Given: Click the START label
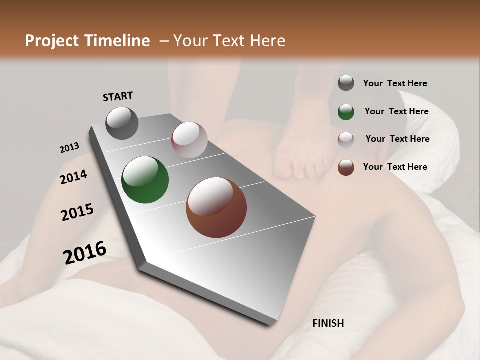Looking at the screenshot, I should pyautogui.click(x=118, y=96).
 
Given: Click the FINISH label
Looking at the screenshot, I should pyautogui.click(x=328, y=323).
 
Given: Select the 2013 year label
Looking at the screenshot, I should pyautogui.click(x=69, y=148).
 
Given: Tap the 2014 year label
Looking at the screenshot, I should pyautogui.click(x=73, y=177).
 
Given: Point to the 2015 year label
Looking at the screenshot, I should pyautogui.click(x=77, y=212).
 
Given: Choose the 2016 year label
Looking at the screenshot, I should pyautogui.click(x=85, y=252).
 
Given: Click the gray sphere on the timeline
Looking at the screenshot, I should pyautogui.click(x=122, y=123).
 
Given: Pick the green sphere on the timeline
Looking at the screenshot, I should pyautogui.click(x=145, y=180).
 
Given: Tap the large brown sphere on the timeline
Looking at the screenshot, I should pyautogui.click(x=216, y=208).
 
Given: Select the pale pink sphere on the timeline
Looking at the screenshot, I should pyautogui.click(x=189, y=140).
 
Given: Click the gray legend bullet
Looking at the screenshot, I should pyautogui.click(x=346, y=83).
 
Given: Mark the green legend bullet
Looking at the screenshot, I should pyautogui.click(x=346, y=112).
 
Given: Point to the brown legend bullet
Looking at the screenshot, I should pyautogui.click(x=346, y=167).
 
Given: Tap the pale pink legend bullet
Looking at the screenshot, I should pyautogui.click(x=346, y=139).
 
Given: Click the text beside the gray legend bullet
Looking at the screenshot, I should pyautogui.click(x=395, y=83).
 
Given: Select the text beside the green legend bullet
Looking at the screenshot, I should pyautogui.click(x=396, y=111).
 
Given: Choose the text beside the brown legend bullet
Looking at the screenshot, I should pyautogui.click(x=395, y=167).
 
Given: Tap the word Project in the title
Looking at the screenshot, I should pyautogui.click(x=51, y=41).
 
